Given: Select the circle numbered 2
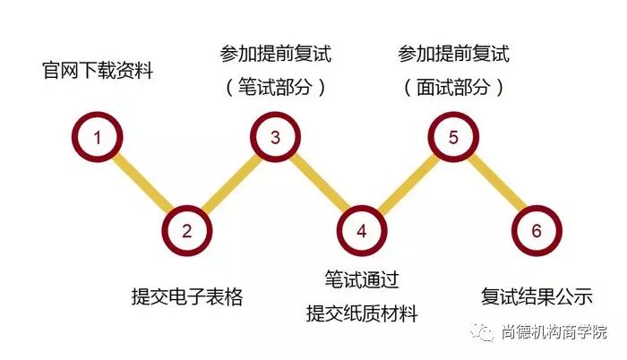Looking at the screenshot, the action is tap(186, 230).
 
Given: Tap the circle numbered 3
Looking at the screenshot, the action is tap(275, 137).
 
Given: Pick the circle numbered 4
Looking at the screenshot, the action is tap(361, 230).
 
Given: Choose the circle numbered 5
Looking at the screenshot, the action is tap(453, 137).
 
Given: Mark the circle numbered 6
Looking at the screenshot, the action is tap(536, 230).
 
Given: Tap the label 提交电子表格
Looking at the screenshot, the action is tap(187, 296).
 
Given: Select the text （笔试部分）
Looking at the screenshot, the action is tap(275, 87).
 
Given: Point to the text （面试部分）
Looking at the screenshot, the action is tap(453, 87).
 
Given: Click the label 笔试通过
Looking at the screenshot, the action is tap(362, 279).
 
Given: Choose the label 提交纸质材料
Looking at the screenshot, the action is tap(362, 313).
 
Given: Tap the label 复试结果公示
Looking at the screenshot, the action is tap(537, 296).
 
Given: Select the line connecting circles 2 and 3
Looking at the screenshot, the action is tap(231, 184).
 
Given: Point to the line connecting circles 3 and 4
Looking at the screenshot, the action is tap(318, 184).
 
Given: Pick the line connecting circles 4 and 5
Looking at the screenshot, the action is tap(408, 184).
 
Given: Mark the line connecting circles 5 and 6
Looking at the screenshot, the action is tap(494, 184).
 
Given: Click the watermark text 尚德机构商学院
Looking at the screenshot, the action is tap(553, 332).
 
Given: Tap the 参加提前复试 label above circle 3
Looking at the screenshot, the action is tap(275, 54).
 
